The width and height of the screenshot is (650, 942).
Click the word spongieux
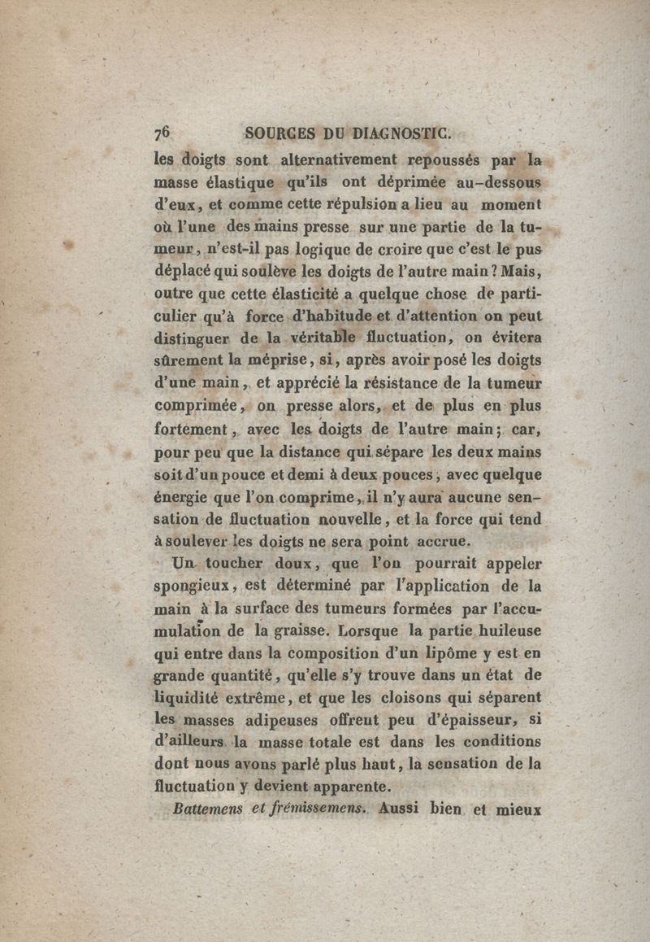pos(193,587)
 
